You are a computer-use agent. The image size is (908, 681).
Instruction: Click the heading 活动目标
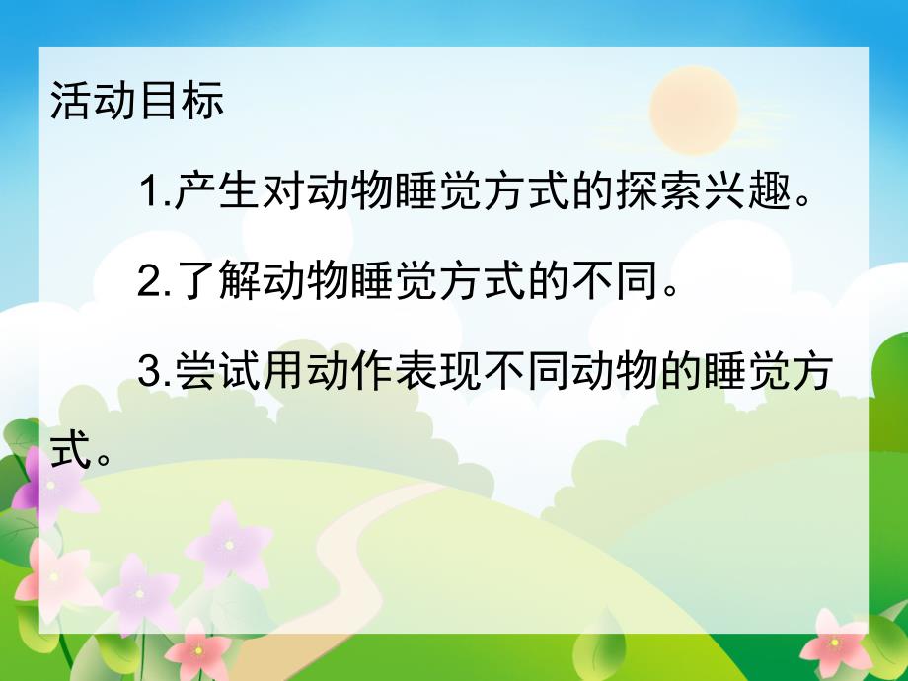(x=137, y=103)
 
